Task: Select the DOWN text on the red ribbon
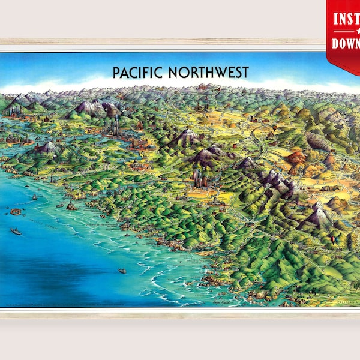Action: (x=346, y=44)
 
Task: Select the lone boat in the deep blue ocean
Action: (x=122, y=271)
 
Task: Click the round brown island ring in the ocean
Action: (x=15, y=211)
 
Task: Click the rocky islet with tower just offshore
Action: (x=71, y=206)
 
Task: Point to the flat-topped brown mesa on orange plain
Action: (x=329, y=188)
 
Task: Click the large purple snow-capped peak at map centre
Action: (x=185, y=137)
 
